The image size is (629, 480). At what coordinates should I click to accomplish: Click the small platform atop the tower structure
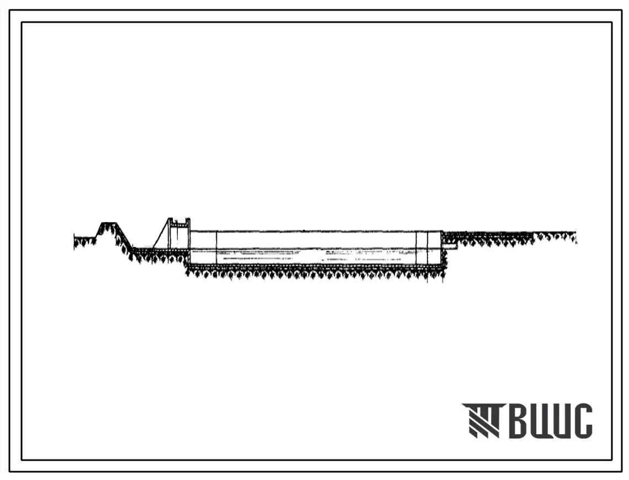[x=179, y=220]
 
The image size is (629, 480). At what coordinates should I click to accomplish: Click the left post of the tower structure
[x=171, y=234]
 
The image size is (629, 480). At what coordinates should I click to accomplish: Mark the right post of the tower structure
[x=188, y=234]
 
